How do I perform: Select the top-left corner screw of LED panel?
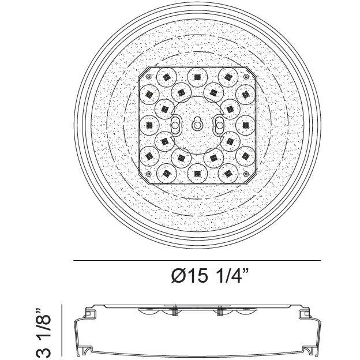149,76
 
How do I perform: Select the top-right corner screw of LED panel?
245,76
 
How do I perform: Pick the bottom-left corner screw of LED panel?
149,174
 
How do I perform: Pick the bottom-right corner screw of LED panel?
245,174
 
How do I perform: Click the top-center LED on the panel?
197,75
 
